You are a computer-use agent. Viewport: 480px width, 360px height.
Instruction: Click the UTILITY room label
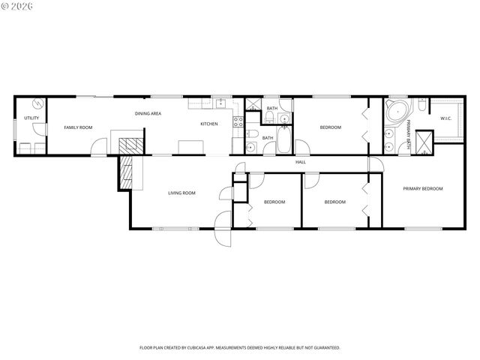[31, 118]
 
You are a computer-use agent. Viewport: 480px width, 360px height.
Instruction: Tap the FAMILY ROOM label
[78, 127]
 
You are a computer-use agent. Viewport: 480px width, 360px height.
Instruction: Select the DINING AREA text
[148, 113]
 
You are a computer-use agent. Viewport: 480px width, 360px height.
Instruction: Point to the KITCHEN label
[208, 124]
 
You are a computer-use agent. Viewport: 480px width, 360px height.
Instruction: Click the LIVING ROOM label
[181, 193]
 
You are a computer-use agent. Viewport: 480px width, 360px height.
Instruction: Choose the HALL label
[300, 162]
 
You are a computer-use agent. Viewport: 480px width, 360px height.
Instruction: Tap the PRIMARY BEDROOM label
[422, 188]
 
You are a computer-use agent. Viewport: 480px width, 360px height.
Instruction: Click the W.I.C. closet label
[445, 118]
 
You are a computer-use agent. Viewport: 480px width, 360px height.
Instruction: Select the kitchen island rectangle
[189, 146]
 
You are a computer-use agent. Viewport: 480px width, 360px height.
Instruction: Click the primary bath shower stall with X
[424, 142]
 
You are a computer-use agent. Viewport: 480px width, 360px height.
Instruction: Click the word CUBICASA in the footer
[222, 347]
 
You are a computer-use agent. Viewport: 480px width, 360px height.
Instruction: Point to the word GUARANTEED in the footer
[324, 347]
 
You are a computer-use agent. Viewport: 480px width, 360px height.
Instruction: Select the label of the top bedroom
[330, 127]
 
